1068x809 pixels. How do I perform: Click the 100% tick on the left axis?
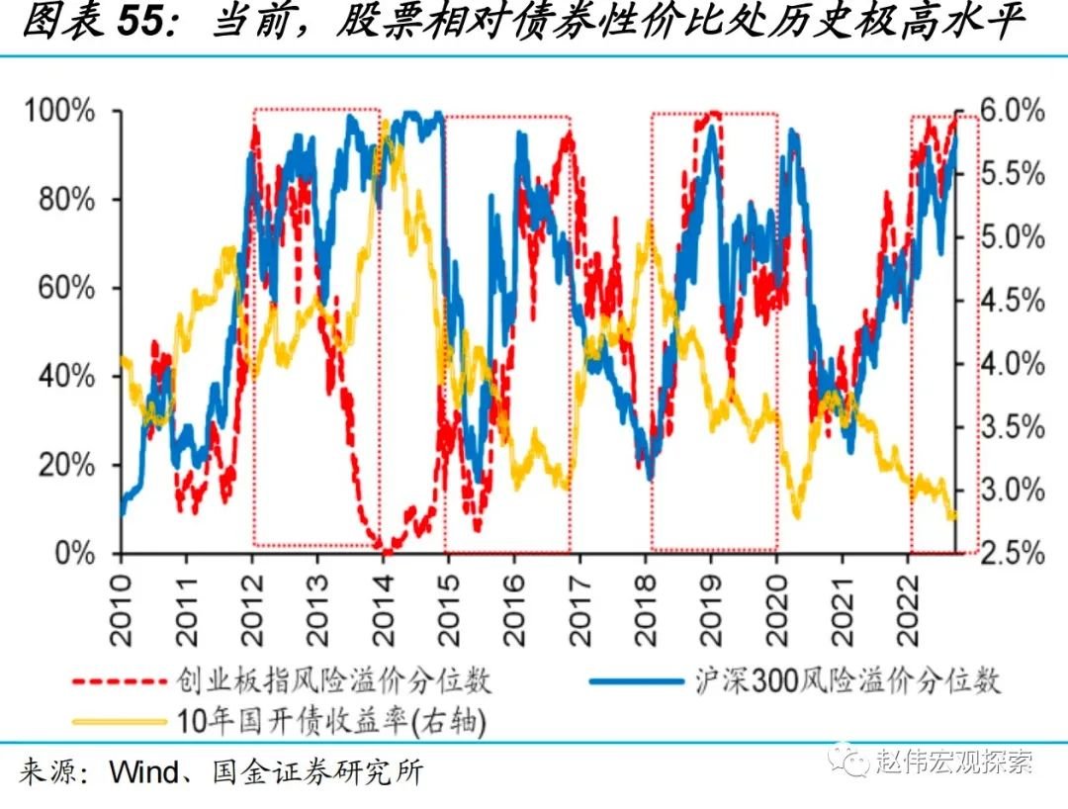coord(60,111)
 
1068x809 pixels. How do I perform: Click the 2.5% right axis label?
coord(1010,553)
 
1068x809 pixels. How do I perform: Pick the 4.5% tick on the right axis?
coord(1010,301)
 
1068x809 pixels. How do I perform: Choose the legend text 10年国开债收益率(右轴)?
coord(332,723)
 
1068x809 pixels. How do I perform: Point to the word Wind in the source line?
coord(142,771)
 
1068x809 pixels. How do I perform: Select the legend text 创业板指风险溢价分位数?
coord(334,681)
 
